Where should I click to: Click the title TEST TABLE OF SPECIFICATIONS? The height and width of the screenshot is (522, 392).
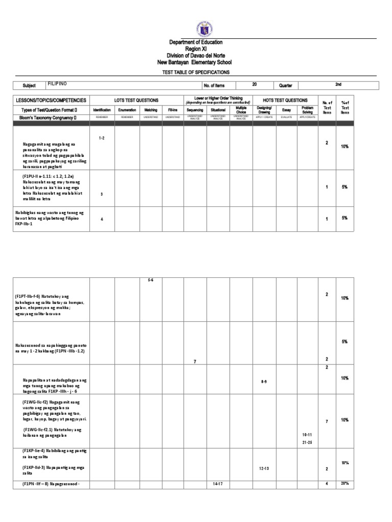[x=196, y=72]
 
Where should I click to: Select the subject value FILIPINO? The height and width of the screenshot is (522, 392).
[x=57, y=83]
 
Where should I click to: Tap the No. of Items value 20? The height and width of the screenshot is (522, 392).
[x=254, y=85]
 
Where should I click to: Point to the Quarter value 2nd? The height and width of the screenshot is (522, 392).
[x=337, y=85]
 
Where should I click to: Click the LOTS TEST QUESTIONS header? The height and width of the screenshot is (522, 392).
[x=137, y=100]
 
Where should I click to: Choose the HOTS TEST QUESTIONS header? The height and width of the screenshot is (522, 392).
[x=285, y=100]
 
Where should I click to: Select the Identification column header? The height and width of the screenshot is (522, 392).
[x=102, y=110]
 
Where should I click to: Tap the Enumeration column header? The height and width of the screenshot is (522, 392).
[x=127, y=110]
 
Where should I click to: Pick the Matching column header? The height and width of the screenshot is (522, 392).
[x=151, y=110]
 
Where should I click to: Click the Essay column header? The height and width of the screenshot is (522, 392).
[x=286, y=110]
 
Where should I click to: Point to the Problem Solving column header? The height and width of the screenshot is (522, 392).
[x=307, y=110]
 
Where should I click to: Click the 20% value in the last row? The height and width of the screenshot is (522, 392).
[x=345, y=483]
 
